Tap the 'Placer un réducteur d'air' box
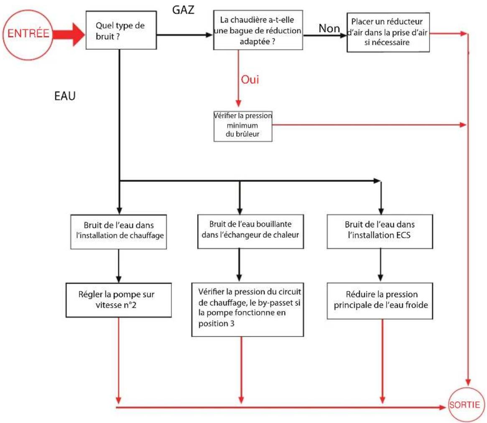pyautogui.click(x=388, y=31)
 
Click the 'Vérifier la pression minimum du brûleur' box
pyautogui.click(x=242, y=125)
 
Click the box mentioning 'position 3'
pyautogui.click(x=247, y=309)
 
